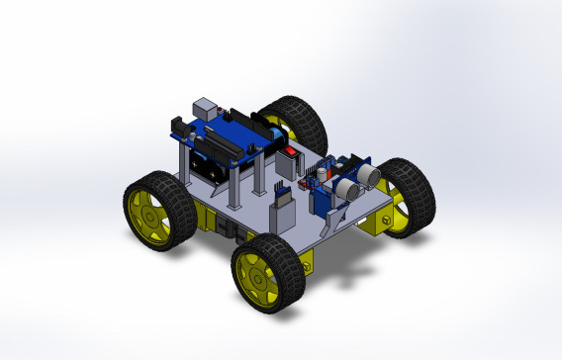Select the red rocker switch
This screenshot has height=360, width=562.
(291, 153)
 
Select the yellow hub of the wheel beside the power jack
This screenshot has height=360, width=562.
(147, 210)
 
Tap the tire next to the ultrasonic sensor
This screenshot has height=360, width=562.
(408, 195)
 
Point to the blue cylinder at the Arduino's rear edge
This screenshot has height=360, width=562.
(268, 127)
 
